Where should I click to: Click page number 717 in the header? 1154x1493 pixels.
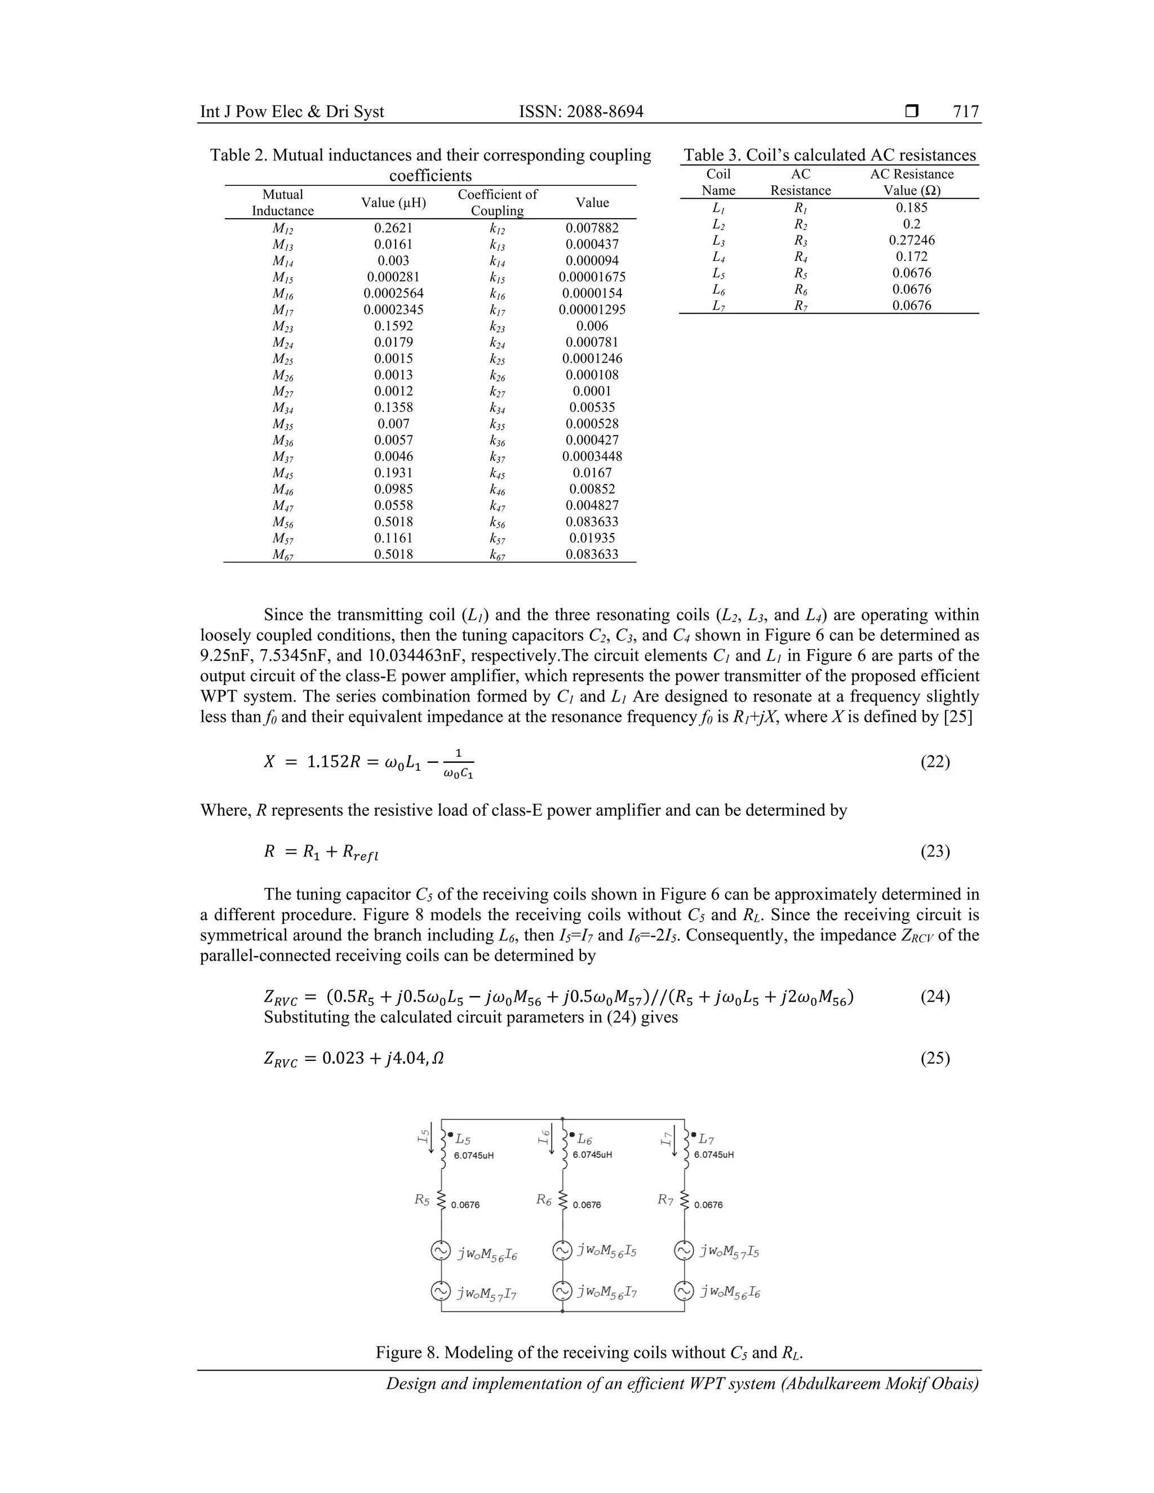click(x=965, y=112)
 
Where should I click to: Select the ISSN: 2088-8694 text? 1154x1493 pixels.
click(x=581, y=112)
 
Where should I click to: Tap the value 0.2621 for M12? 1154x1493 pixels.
click(x=393, y=228)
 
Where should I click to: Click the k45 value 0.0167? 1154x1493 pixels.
click(x=592, y=472)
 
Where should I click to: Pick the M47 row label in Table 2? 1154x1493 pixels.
click(x=282, y=506)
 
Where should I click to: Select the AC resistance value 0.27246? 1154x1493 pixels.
click(x=911, y=240)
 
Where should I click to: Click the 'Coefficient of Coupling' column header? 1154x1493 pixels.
click(x=497, y=202)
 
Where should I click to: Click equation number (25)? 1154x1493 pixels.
click(x=935, y=1057)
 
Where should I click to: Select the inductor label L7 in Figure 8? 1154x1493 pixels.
click(x=706, y=1140)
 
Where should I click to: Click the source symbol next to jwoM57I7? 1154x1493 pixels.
click(x=441, y=1291)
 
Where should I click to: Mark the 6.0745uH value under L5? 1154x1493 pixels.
click(x=474, y=1156)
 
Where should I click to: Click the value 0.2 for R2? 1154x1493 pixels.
click(x=911, y=224)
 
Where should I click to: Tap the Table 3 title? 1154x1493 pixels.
click(x=829, y=155)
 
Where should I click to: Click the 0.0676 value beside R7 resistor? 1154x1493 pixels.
click(x=708, y=1205)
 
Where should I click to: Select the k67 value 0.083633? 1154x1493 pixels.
click(x=592, y=554)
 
